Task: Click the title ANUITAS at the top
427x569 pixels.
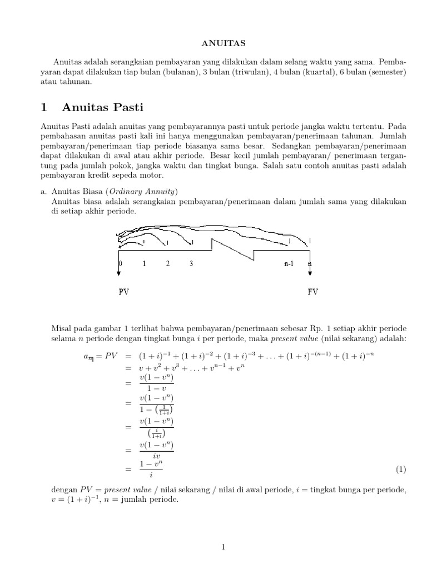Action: coord(213,42)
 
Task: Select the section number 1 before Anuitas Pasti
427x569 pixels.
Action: coord(46,106)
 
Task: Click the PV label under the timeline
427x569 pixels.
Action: coord(124,291)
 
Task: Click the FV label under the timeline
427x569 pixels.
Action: coord(313,291)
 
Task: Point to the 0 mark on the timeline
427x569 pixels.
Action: coord(120,263)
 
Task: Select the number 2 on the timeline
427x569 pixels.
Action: coord(167,263)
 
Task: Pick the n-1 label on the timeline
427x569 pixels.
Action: coord(288,263)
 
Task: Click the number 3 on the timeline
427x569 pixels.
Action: coord(191,263)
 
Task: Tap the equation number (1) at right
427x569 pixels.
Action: coord(401,470)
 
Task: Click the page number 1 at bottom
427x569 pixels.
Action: coord(223,547)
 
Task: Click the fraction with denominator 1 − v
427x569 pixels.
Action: coord(157,384)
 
